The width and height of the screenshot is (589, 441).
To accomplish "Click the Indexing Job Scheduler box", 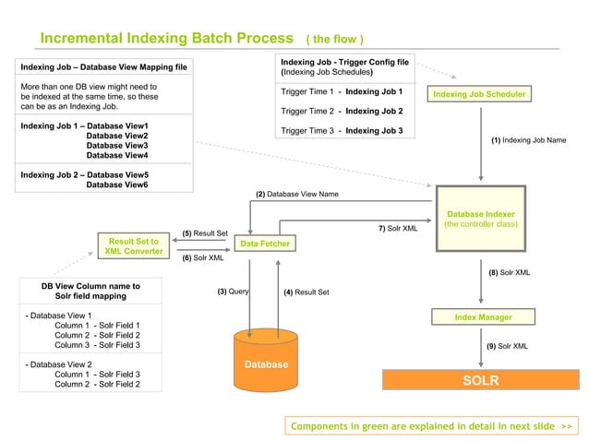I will tap(481, 94).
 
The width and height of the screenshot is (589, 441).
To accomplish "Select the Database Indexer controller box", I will tap(480, 219).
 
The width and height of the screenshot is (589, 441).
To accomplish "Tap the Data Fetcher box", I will tap(264, 244).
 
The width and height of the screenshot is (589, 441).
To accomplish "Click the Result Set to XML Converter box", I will tap(134, 246).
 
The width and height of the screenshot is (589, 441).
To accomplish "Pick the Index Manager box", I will tap(483, 317).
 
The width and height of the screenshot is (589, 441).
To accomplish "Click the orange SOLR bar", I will tap(480, 380).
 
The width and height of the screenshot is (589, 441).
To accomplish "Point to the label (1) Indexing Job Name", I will tap(528, 140).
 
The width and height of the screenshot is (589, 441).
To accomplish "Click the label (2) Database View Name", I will tap(296, 195).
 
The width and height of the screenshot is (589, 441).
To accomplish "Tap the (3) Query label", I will tap(234, 292).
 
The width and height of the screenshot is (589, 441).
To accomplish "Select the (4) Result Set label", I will tap(306, 292).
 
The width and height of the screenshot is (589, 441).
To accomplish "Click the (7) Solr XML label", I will tap(398, 228).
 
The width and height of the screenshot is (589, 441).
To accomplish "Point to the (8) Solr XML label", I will tap(509, 273).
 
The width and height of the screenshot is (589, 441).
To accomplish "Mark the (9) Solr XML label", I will tap(507, 346).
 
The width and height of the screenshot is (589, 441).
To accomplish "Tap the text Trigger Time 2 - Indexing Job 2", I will tap(341, 111).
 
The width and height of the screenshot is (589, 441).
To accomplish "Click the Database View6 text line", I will tap(117, 185).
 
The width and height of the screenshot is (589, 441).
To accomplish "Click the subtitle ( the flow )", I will tap(334, 40).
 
